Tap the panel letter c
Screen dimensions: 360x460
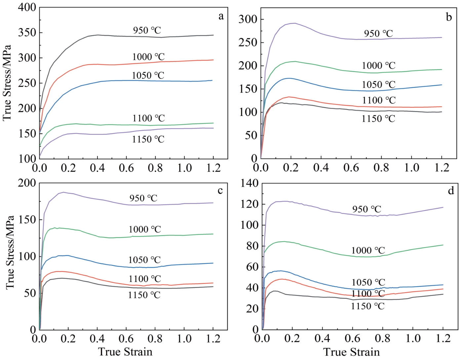[220, 190]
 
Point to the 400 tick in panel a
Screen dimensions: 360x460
[27, 7]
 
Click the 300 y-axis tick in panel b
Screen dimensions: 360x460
[248, 19]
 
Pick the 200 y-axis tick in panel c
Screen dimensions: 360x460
[27, 183]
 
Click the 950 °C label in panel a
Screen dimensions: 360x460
[147, 30]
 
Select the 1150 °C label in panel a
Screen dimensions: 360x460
[148, 139]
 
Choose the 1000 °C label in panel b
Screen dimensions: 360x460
[378, 65]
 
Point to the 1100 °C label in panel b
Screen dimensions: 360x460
[379, 100]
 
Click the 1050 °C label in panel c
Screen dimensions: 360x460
[144, 260]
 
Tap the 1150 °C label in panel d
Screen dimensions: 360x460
[367, 306]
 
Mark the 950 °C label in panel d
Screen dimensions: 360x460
[366, 209]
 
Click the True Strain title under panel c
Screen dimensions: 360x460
[125, 352]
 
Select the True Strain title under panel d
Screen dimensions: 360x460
[351, 352]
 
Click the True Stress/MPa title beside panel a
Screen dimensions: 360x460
[7, 83]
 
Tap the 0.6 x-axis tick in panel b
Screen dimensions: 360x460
[351, 167]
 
